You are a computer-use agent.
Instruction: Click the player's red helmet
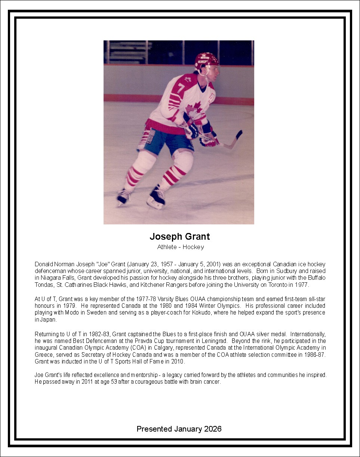(206, 60)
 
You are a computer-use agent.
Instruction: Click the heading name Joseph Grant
(180, 236)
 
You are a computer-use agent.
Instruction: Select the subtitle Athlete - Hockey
(181, 247)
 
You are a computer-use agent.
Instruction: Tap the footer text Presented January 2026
(179, 429)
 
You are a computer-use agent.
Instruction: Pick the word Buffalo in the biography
(317, 277)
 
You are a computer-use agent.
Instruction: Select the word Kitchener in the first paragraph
(153, 285)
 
